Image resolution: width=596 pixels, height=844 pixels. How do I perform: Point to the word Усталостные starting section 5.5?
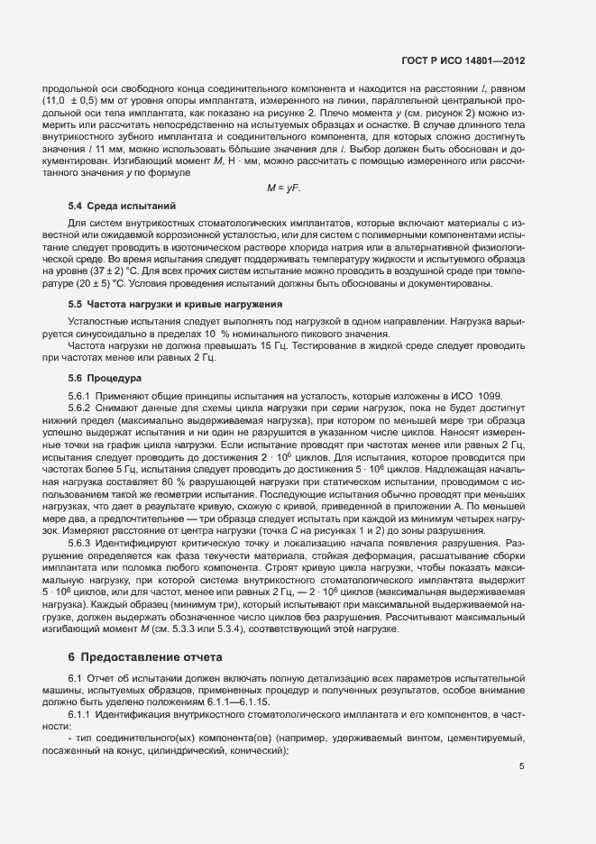99,322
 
